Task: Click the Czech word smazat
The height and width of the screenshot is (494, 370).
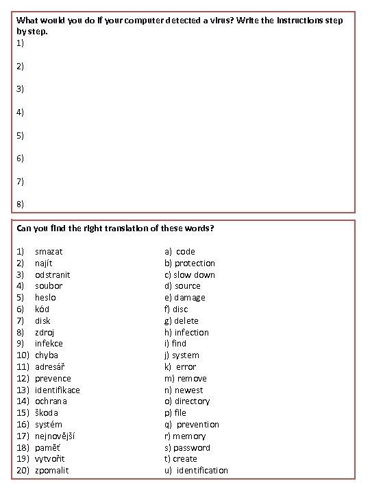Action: pos(49,251)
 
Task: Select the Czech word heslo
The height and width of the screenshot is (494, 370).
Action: pos(45,297)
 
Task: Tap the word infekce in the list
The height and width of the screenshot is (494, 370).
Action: pos(49,343)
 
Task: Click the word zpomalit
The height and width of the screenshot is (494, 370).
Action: pos(52,470)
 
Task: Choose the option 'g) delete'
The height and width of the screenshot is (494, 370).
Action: pos(182,320)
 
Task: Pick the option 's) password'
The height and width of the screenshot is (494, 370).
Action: pos(187,447)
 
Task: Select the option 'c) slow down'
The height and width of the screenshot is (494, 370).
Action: pos(190,274)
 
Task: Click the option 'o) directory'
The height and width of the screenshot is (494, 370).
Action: pos(187,401)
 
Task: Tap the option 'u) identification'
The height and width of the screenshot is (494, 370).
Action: pos(196,470)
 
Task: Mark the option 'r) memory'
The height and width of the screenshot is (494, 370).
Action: pos(185,436)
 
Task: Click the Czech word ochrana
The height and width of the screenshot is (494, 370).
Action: pos(51,401)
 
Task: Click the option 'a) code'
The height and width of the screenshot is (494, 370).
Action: pos(180,251)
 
